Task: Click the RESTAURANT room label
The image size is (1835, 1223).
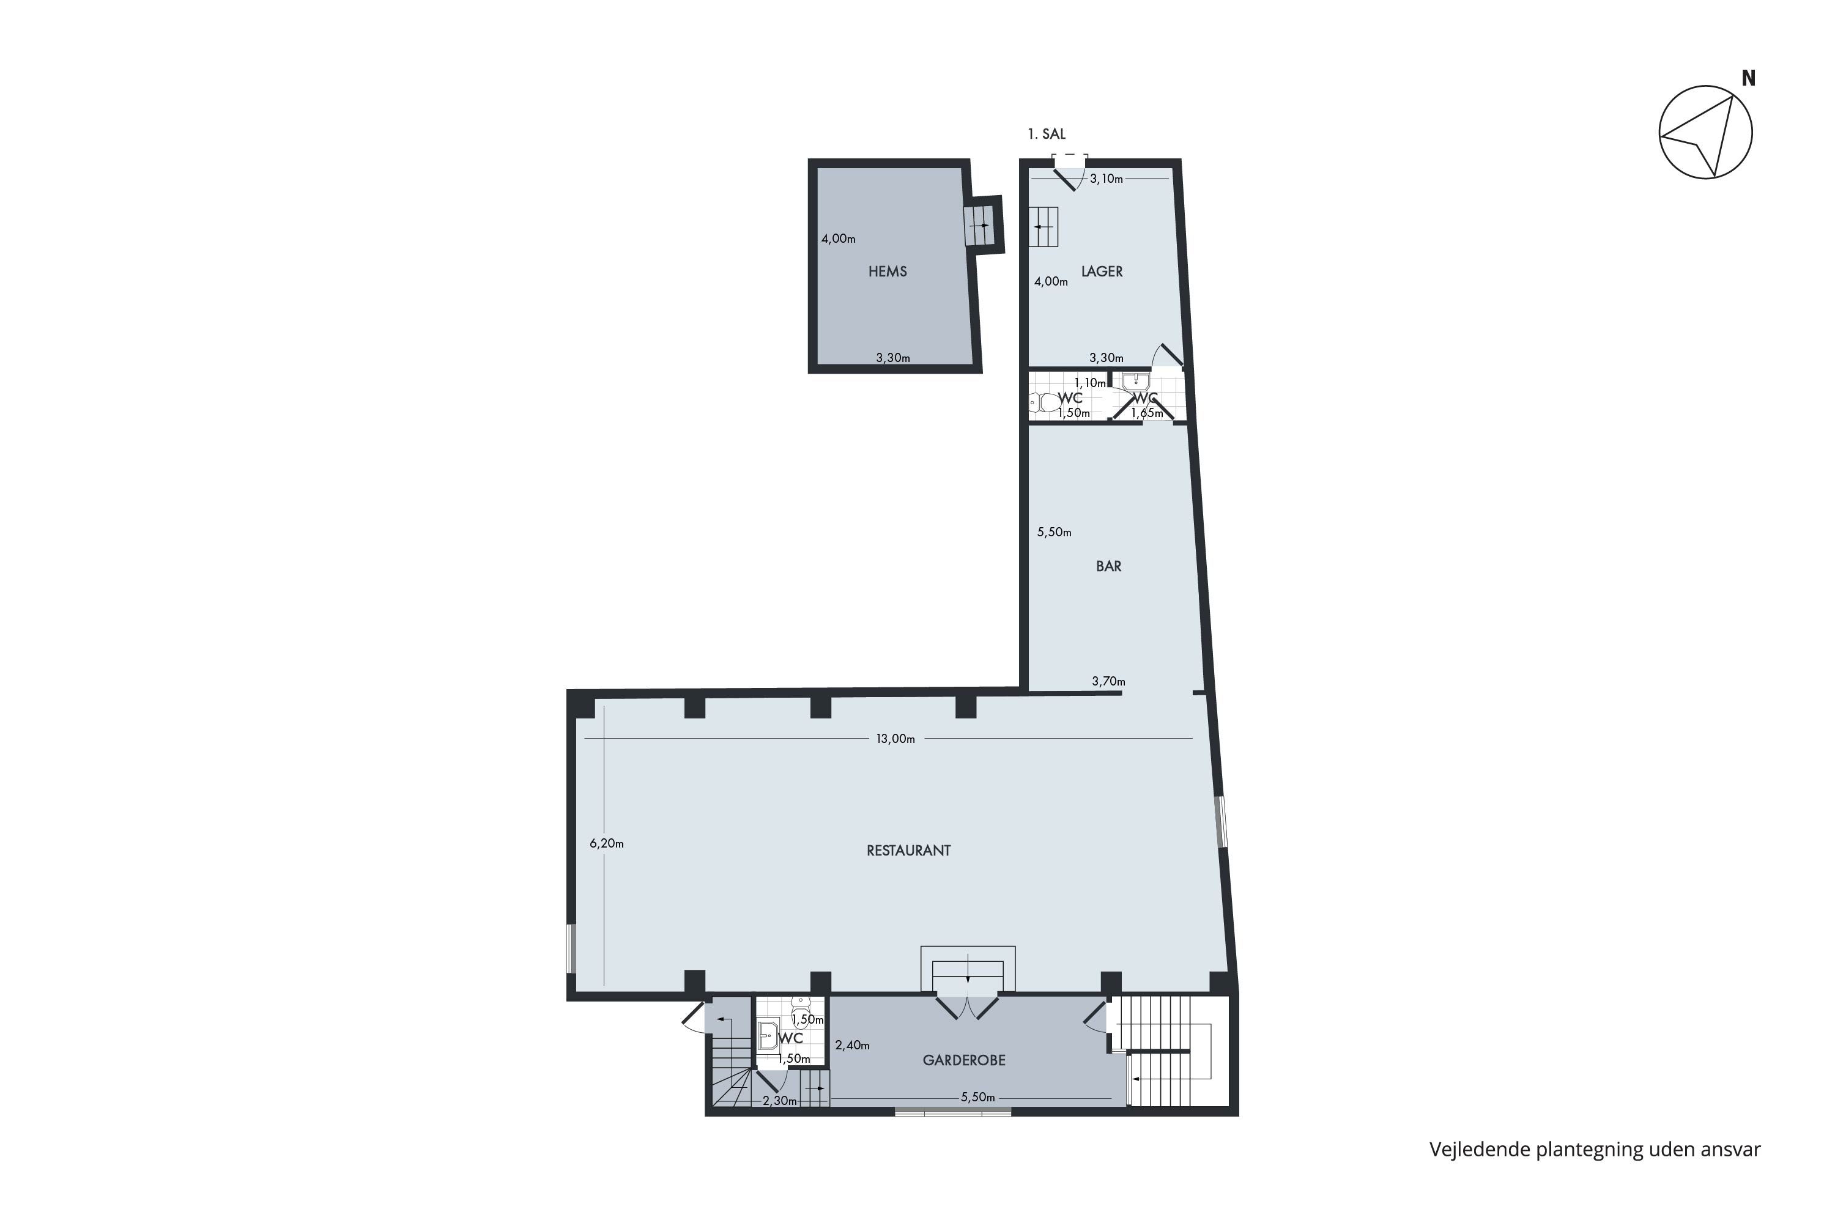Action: click(908, 851)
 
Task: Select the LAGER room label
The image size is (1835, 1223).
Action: click(1102, 272)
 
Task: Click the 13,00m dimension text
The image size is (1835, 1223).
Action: click(895, 739)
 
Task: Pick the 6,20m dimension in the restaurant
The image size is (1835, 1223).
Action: click(606, 843)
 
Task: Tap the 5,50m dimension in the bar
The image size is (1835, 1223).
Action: click(1054, 532)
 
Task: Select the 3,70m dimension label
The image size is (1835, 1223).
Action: click(1108, 681)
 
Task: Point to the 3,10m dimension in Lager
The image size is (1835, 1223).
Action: click(1107, 179)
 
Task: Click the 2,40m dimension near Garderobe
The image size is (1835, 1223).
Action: click(852, 1045)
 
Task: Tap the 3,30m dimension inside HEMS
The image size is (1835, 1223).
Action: click(892, 358)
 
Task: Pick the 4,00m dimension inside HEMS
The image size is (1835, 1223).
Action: click(838, 238)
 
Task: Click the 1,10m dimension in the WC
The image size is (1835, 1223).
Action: click(1090, 383)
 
